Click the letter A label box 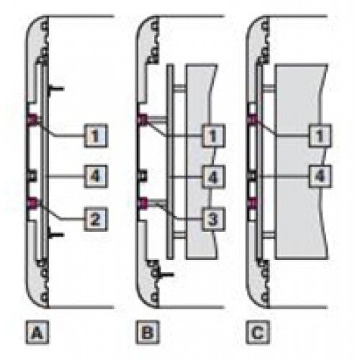coord(37,333)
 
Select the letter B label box coord(148,333)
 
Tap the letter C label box coord(258,333)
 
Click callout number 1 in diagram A coord(96,135)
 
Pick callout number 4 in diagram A coord(96,176)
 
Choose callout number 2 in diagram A coord(96,219)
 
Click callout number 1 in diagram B coord(213,135)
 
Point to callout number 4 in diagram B coord(213,176)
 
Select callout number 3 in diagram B coord(213,219)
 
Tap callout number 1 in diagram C coord(320,135)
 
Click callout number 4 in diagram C coord(320,176)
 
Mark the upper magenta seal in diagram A coord(32,119)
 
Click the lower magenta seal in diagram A coord(32,203)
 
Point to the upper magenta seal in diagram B coord(143,119)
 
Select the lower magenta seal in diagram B coord(143,203)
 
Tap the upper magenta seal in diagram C coord(253,119)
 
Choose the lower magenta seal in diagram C coord(253,203)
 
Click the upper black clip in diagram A coord(55,90)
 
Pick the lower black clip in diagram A coord(55,235)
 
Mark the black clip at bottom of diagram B coord(165,274)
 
